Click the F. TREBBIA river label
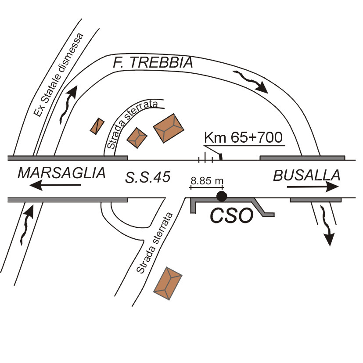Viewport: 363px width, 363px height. coord(152,63)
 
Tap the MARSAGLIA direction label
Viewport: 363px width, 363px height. coord(62,173)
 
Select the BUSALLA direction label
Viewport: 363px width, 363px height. coord(307,175)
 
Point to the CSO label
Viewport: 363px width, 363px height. coord(231,215)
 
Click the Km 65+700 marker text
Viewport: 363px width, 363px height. coord(244,138)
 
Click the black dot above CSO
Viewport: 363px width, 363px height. coord(222,196)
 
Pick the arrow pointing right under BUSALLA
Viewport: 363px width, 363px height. coord(313,187)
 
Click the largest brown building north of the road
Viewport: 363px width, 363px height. coord(169,128)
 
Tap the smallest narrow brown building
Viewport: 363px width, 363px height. coord(97,126)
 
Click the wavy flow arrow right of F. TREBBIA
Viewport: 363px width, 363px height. coord(252,82)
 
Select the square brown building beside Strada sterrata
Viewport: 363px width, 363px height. coord(137,137)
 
